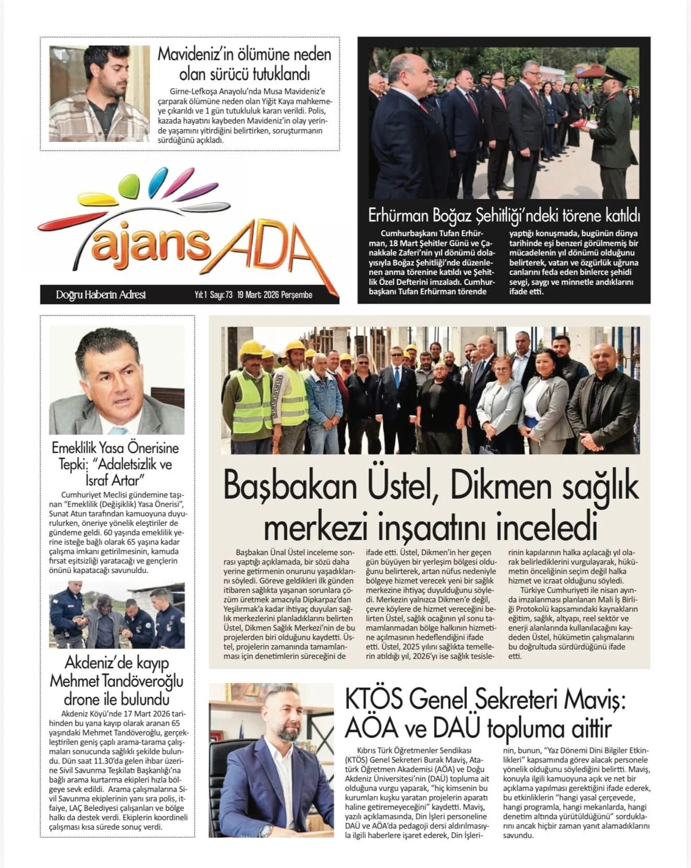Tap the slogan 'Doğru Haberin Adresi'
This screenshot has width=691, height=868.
click(101, 295)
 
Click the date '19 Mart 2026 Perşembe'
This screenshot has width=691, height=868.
click(274, 295)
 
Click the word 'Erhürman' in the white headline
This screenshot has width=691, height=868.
click(400, 215)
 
